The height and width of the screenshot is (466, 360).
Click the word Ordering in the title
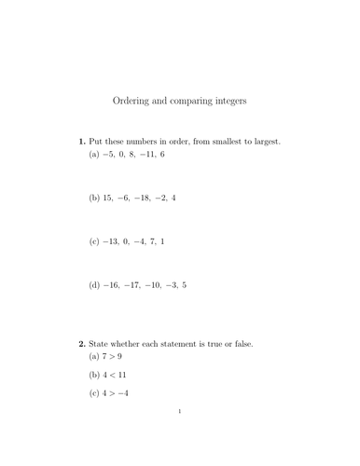[x=133, y=100]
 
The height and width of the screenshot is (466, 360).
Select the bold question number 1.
[x=80, y=142]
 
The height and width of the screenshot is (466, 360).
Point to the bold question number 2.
[x=80, y=343]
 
